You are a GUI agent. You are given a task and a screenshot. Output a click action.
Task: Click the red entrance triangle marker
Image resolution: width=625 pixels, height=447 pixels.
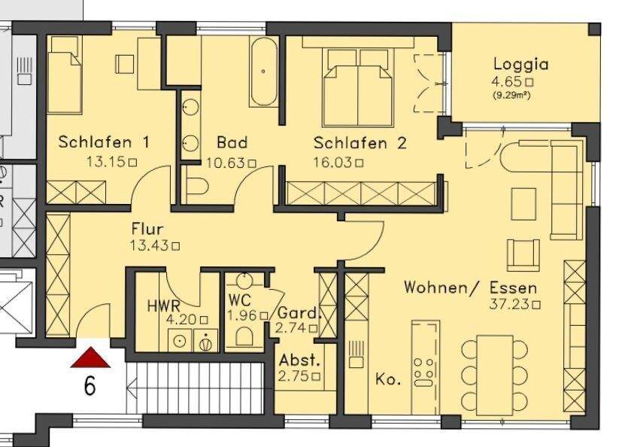90,358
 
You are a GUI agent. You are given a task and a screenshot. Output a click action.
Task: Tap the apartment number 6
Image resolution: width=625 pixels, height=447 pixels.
90,387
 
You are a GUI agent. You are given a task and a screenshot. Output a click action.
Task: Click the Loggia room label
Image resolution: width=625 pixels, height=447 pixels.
520,64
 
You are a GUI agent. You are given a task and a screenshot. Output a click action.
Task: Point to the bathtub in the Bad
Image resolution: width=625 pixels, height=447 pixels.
263,71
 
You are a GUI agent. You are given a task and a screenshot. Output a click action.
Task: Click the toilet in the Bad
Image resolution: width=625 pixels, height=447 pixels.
199,187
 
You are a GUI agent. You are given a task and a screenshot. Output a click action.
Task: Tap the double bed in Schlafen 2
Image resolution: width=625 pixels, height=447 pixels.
360,79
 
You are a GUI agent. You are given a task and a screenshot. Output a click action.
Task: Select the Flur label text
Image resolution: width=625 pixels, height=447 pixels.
147,229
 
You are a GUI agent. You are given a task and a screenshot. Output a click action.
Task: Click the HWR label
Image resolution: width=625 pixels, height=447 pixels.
163,306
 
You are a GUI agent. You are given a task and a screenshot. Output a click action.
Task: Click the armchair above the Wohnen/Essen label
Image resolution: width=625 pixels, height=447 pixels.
524,254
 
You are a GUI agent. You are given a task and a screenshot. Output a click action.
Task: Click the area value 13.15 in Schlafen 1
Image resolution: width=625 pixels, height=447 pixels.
108,161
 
